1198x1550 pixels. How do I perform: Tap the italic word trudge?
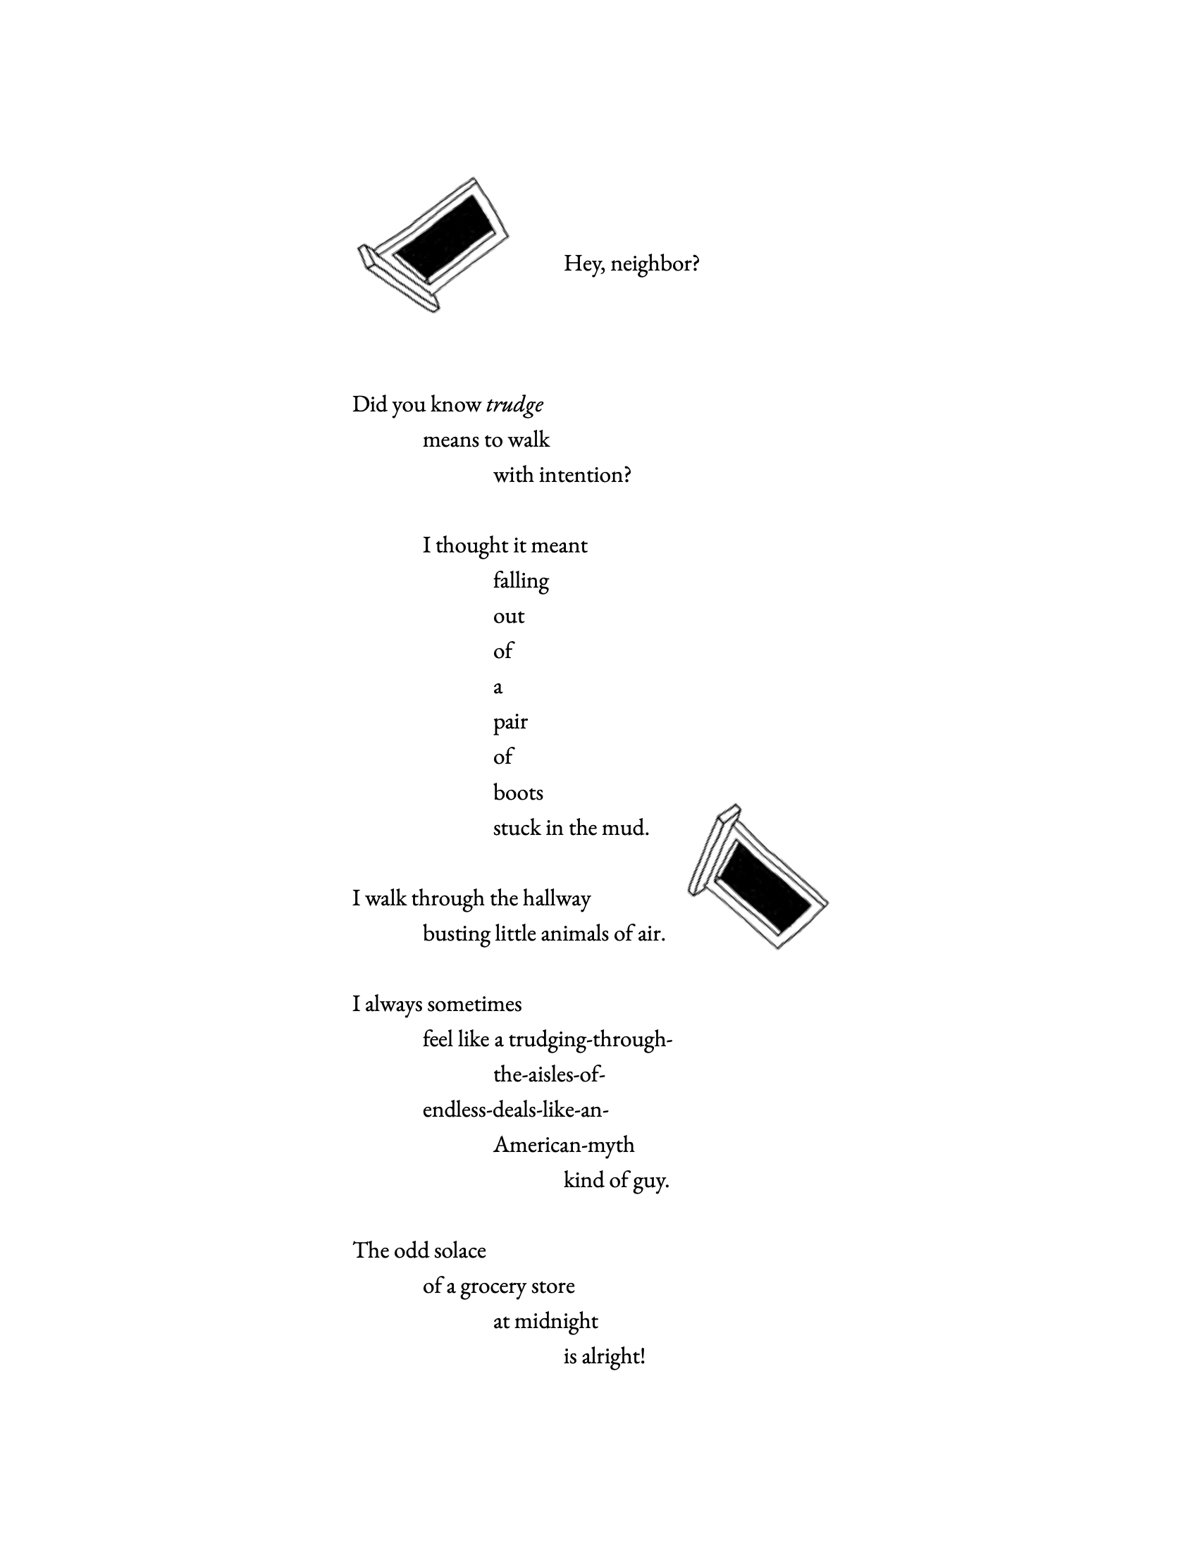[514, 404]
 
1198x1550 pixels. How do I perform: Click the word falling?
[521, 581]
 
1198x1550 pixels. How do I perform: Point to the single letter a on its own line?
[498, 687]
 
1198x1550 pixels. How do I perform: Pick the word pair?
[510, 722]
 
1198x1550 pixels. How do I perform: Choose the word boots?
[518, 793]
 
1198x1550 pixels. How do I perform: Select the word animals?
[575, 934]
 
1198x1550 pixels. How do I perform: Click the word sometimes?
[474, 1004]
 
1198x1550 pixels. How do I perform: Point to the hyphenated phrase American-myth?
[564, 1145]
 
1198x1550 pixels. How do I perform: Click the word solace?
[459, 1251]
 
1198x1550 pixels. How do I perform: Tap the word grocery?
[493, 1286]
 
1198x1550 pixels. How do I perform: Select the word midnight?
[556, 1322]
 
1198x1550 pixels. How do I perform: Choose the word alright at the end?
[613, 1357]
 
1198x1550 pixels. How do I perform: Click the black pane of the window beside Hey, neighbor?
[445, 236]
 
